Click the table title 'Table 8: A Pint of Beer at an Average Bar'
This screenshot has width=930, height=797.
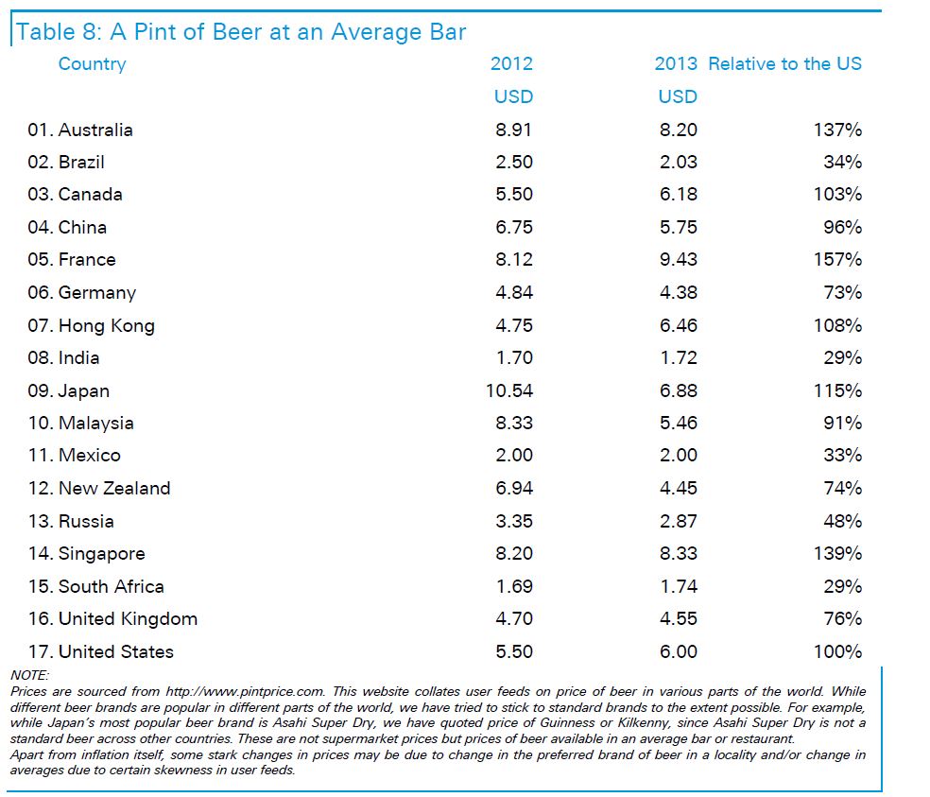click(x=241, y=31)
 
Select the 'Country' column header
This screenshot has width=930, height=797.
click(x=92, y=64)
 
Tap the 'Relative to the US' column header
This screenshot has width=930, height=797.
click(x=784, y=64)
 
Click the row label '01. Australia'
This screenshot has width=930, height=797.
click(x=80, y=130)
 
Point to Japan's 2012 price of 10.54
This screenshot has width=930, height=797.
click(x=508, y=390)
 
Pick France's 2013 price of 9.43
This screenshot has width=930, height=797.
click(x=678, y=260)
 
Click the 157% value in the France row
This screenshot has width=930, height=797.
click(x=837, y=260)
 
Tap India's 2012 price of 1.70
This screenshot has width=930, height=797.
click(x=513, y=358)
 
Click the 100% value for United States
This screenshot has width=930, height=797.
click(x=837, y=651)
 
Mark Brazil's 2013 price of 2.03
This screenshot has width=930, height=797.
click(x=678, y=162)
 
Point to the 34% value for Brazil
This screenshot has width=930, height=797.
click(x=842, y=162)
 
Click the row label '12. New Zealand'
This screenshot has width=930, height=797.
click(x=99, y=489)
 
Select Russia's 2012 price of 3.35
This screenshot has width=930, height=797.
click(x=513, y=521)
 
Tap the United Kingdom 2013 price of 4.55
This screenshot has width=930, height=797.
click(x=678, y=619)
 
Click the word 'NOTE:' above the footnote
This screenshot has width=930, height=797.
click(x=28, y=675)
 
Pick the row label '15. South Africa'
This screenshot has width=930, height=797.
click(x=95, y=586)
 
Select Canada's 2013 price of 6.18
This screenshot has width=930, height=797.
click(x=678, y=195)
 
